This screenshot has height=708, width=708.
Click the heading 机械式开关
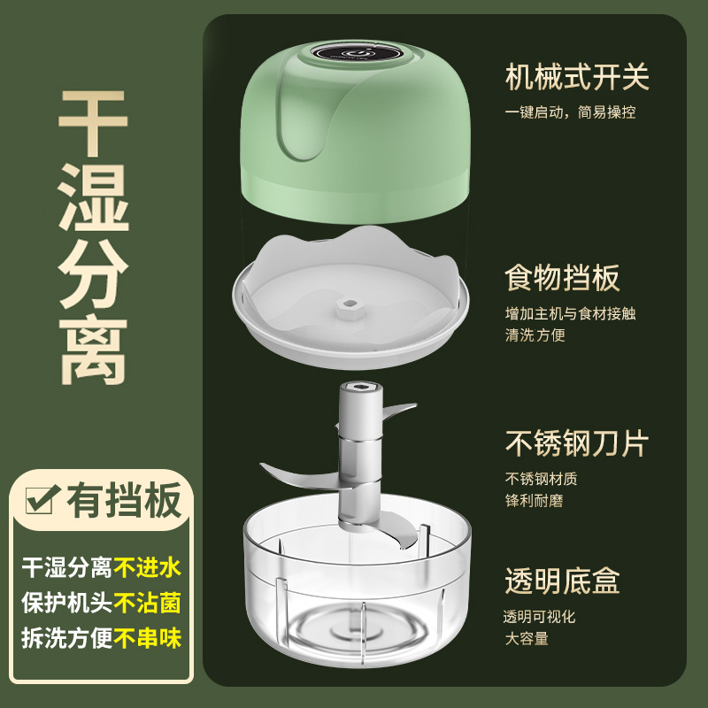(576, 77)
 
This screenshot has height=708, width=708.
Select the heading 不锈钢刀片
(576, 442)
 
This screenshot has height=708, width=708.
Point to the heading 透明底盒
(562, 581)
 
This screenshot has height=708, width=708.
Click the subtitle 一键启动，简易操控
(570, 112)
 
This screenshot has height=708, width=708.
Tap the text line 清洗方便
(535, 335)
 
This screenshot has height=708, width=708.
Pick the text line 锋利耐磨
(534, 501)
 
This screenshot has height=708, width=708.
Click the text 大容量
(527, 638)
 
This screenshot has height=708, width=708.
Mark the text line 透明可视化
(539, 617)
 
